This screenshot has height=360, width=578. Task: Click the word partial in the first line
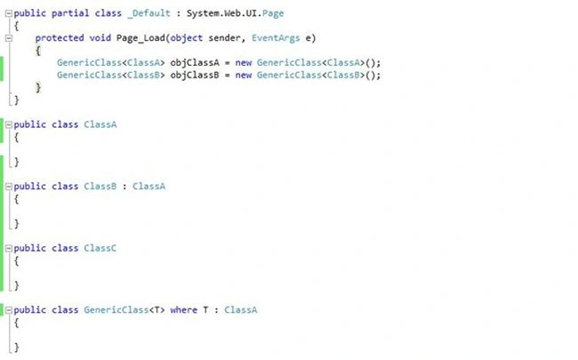tap(70, 13)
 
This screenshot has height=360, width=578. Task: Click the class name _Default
tap(149, 13)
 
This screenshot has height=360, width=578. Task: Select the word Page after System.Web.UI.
tap(273, 13)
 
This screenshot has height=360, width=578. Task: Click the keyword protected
tap(60, 38)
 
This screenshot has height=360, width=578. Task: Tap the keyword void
tap(100, 38)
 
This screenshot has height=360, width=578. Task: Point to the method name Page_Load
tap(140, 38)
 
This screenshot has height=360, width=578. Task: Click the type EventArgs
tap(276, 38)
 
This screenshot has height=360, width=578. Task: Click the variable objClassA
tap(195, 63)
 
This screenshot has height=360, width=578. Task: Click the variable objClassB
tap(195, 76)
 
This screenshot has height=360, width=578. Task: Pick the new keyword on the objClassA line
tap(244, 63)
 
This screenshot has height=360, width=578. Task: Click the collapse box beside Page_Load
tap(9, 38)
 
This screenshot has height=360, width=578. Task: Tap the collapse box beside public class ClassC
tap(9, 248)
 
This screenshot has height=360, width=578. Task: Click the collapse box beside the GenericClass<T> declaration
tap(9, 310)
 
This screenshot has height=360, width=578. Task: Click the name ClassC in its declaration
tap(100, 248)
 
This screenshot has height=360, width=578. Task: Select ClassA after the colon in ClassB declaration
tap(149, 186)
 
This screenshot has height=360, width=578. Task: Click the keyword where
tap(183, 310)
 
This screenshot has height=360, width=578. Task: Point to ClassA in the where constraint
tap(241, 310)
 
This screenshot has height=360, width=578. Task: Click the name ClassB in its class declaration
tap(100, 186)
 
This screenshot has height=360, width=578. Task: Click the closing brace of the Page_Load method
tap(38, 88)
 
